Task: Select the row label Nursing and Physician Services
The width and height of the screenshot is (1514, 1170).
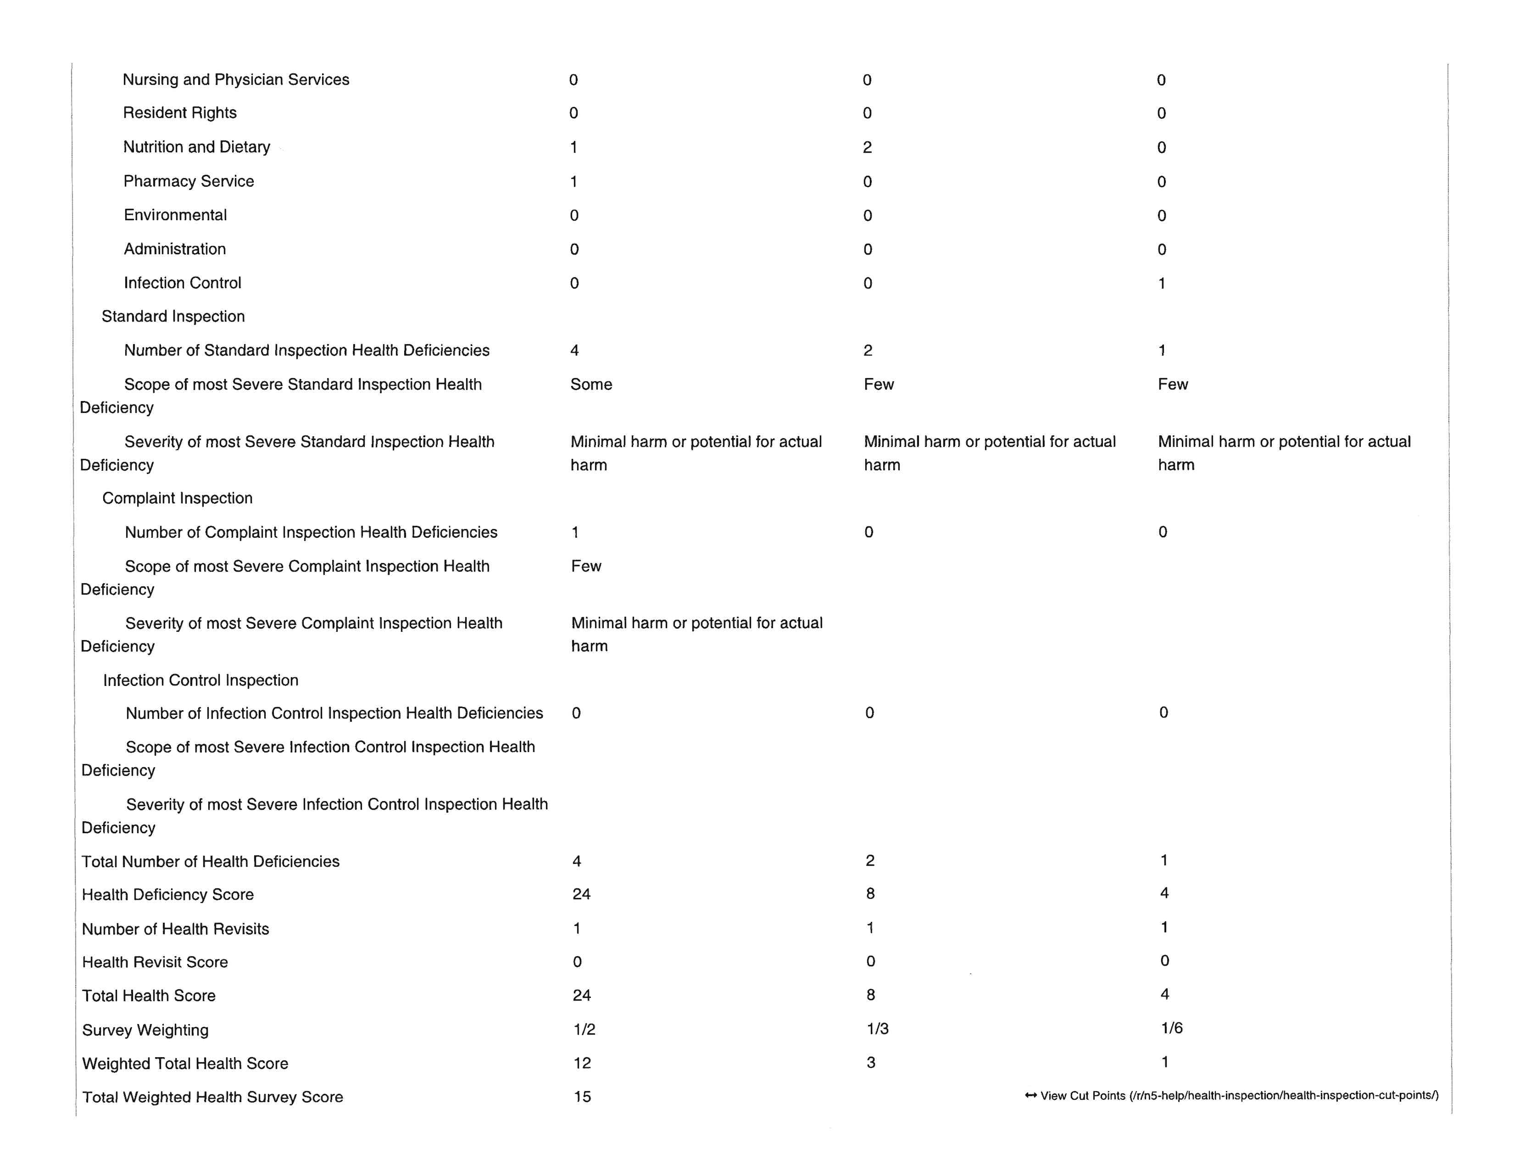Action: pos(236,80)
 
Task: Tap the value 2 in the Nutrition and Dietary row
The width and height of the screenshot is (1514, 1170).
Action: pos(867,147)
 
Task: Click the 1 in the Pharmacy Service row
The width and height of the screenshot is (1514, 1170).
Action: pos(573,182)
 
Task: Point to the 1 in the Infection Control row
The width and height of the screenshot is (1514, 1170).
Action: pos(1162,283)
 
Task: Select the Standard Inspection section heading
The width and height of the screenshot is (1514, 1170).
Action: pos(173,317)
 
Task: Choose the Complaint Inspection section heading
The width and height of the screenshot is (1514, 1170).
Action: pos(178,498)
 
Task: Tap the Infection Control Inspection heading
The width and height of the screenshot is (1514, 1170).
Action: pos(201,680)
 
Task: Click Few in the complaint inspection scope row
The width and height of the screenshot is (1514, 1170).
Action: pos(586,566)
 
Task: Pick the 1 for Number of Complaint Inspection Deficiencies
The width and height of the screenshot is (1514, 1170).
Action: pos(575,532)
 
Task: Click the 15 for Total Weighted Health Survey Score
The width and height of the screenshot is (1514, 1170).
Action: pos(582,1097)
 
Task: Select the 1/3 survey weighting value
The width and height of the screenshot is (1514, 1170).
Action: pos(878,1029)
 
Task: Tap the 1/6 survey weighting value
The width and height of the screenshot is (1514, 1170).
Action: pos(1172,1028)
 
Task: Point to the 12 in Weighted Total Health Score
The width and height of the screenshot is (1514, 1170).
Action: pos(582,1063)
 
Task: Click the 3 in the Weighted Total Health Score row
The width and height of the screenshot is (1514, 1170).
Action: pos(871,1063)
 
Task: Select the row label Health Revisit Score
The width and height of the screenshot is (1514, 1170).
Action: pos(155,962)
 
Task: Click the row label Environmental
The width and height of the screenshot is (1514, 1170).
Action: pos(175,215)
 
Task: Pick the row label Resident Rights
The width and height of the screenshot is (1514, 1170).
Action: pos(179,113)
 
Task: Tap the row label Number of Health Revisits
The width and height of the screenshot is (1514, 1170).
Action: pos(175,929)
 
